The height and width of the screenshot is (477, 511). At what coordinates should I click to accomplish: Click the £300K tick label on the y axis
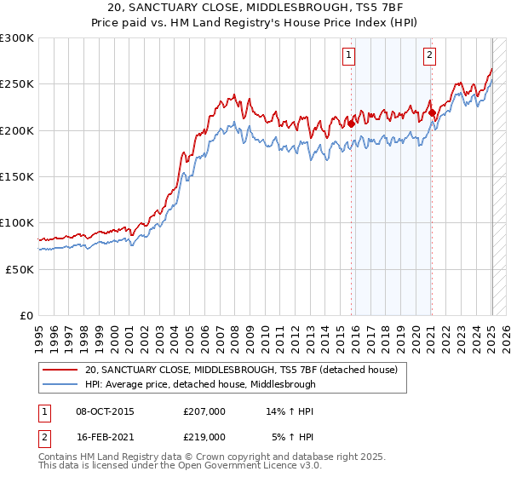click(x=17, y=38)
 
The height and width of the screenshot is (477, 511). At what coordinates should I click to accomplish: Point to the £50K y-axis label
click(x=20, y=268)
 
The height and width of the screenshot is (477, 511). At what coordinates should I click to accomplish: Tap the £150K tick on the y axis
click(x=17, y=176)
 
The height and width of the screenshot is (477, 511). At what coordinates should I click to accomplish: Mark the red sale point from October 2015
click(x=351, y=123)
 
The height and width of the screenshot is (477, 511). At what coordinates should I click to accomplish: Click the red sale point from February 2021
click(x=432, y=112)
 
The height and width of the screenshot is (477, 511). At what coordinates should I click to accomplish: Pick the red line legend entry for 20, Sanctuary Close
click(x=247, y=370)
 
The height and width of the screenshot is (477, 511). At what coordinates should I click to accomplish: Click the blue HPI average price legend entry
click(x=200, y=384)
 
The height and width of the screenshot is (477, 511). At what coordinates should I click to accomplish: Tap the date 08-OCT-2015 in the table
click(x=105, y=411)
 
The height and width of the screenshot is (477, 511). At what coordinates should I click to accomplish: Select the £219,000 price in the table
click(x=204, y=436)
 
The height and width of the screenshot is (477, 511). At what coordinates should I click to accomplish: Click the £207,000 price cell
click(x=204, y=411)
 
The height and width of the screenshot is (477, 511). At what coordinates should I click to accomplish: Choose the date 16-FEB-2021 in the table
click(x=105, y=436)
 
